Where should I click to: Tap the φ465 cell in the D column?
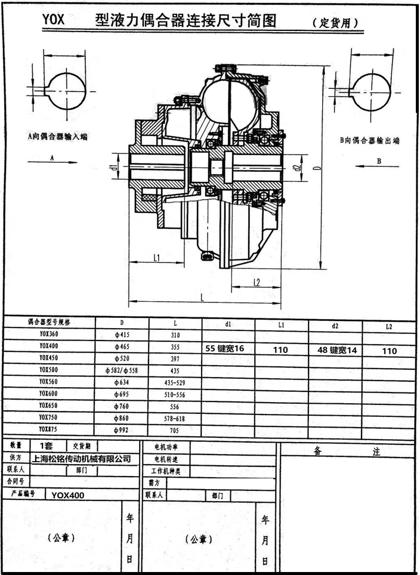coord(121,347)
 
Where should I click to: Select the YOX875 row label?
coord(50,429)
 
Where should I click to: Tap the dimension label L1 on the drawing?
coord(156,258)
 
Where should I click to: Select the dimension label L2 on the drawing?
coord(257,282)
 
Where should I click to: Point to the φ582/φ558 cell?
coord(121,370)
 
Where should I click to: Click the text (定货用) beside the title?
coord(336,23)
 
